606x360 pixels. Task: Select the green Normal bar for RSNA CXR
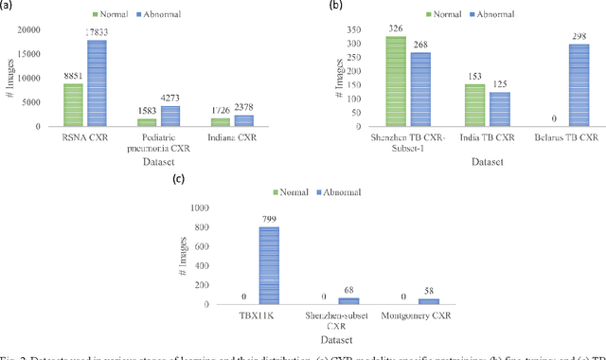pyautogui.click(x=73, y=105)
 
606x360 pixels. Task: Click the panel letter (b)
pyautogui.click(x=334, y=6)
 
